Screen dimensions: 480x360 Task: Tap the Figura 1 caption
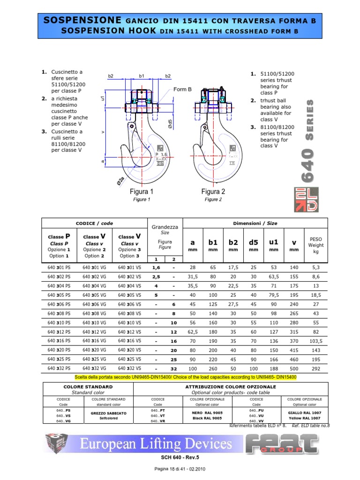tap(142, 192)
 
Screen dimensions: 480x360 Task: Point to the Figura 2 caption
tap(213, 192)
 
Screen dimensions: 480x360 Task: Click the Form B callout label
tap(183, 90)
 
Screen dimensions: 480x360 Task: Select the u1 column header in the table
tap(273, 243)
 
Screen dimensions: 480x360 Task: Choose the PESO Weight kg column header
tap(315, 245)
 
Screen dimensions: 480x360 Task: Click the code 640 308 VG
tap(94, 313)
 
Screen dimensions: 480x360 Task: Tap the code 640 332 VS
tap(129, 368)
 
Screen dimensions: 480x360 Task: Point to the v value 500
tap(294, 368)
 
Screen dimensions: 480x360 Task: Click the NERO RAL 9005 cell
tap(207, 415)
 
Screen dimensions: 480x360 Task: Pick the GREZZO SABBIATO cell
tap(108, 415)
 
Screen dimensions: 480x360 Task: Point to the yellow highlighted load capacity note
tap(186, 377)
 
